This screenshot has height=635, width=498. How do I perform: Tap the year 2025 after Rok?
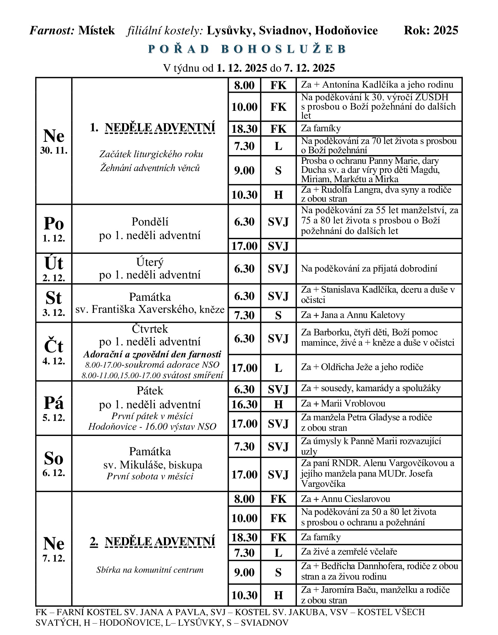pos(446,30)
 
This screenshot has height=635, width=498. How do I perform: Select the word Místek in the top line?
pos(96,30)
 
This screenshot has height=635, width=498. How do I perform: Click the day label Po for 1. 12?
pos(54,224)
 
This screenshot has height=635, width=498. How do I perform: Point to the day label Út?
pos(54,263)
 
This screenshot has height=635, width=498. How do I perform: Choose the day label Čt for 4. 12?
pos(54,346)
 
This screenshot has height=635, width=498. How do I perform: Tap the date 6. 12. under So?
pos(54,473)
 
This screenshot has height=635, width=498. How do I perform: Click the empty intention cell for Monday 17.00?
pos(378,246)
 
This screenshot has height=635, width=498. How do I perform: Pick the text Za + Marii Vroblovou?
pos(343,403)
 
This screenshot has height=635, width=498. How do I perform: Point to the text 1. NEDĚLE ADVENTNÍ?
pos(152,128)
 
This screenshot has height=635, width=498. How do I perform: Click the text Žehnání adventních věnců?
pos(150,168)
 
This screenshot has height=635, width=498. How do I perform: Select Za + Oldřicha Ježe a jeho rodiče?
pos(362,367)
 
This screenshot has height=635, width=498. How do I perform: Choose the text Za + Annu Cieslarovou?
pos(345,499)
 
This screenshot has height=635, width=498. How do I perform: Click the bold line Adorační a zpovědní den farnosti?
pos(152,354)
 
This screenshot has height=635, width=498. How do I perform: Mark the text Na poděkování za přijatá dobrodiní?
pos(369,269)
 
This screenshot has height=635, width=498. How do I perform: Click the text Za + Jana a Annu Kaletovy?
pos(353,315)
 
